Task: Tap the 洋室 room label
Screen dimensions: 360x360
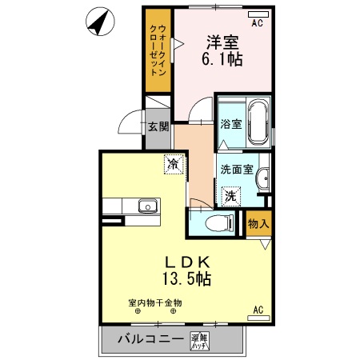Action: [222, 40]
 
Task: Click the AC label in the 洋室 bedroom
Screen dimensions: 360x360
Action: [257, 23]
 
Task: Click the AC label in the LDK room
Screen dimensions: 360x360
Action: [258, 309]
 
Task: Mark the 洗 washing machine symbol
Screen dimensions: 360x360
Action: [230, 194]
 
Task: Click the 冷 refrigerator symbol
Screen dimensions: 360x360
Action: [172, 163]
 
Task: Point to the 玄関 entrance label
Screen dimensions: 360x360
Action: [158, 126]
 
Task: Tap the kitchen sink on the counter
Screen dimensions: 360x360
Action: [146, 207]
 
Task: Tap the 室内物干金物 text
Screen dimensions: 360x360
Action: [155, 302]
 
